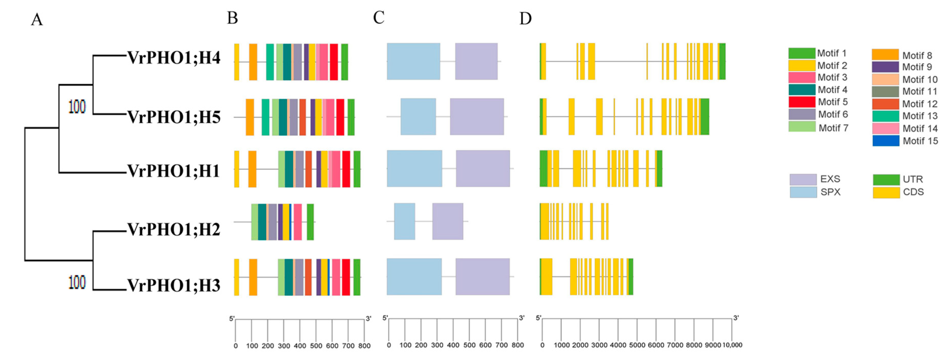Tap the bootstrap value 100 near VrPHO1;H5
tap(77, 107)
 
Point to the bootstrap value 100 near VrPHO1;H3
tap(77, 283)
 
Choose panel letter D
tap(525, 18)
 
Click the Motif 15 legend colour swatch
tap(886, 141)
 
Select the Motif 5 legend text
tap(833, 102)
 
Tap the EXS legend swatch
tap(803, 179)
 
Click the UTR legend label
tap(913, 179)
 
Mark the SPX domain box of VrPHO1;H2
tap(404, 221)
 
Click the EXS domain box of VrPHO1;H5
tap(477, 116)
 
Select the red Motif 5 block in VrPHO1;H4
tap(334, 62)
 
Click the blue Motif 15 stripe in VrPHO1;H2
tap(290, 222)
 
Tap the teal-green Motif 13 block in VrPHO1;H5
tap(265, 117)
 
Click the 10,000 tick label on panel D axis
tap(732, 345)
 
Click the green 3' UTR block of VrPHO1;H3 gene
tap(631, 277)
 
